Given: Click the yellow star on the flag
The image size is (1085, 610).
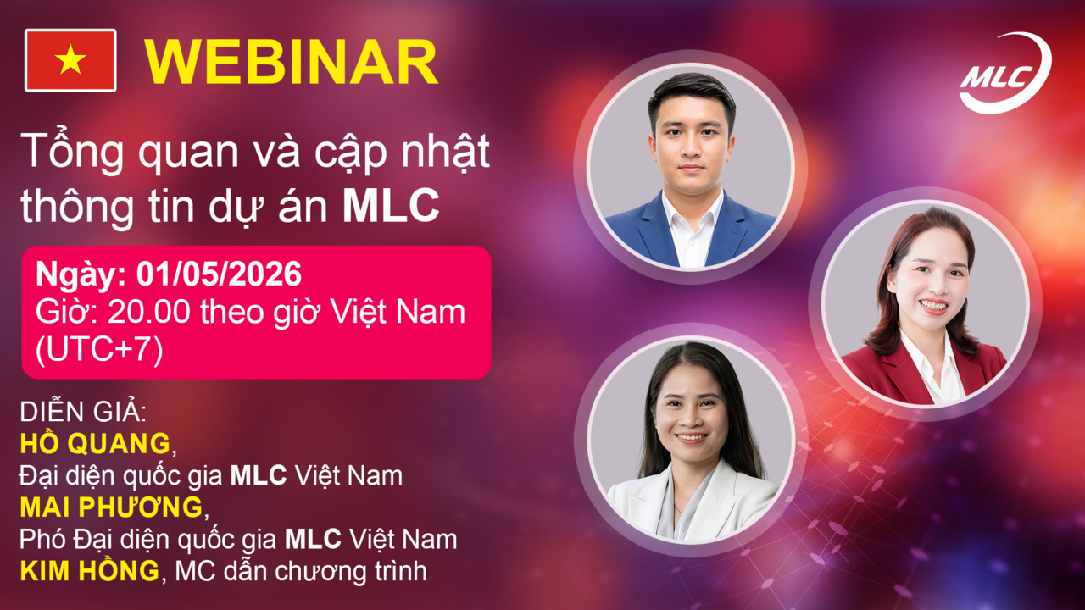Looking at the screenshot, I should click(71, 60).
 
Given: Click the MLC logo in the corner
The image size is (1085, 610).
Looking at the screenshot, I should click(1004, 74).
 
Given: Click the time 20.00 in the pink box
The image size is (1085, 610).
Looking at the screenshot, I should click(150, 313).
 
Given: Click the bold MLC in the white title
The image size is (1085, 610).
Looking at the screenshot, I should click(391, 207).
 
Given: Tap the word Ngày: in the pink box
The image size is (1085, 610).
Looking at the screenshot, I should click(74, 275).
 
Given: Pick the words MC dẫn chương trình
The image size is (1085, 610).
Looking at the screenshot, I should click(300, 572).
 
